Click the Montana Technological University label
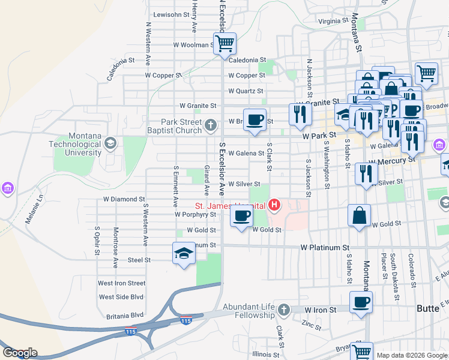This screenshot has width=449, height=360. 75,145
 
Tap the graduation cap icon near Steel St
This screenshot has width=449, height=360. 184,253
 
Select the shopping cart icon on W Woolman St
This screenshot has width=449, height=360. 224,43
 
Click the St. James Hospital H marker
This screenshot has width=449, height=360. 274,206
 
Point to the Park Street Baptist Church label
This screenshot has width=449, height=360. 176,126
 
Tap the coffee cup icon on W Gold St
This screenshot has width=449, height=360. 241,217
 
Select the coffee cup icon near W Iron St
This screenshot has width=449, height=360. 361,302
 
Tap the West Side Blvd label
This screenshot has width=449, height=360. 122,297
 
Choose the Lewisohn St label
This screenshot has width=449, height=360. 172,14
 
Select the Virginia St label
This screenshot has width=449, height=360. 333,21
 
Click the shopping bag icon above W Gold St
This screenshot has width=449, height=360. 359,215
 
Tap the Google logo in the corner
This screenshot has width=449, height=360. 20,353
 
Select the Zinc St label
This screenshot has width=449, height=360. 312,325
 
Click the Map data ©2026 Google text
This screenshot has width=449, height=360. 412,355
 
